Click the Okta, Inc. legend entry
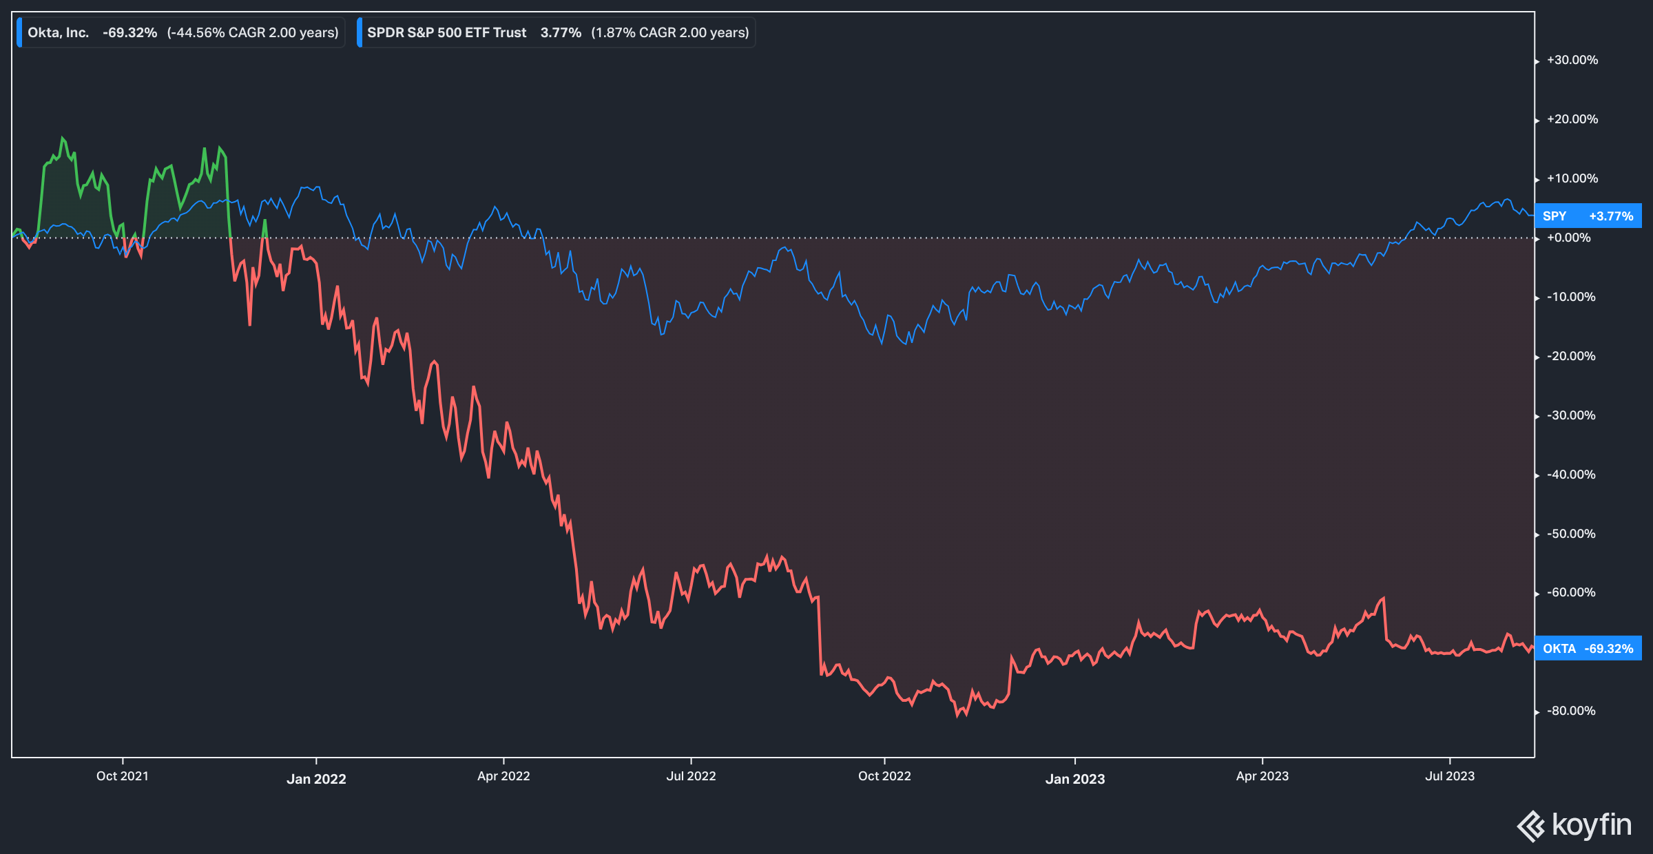pos(59,32)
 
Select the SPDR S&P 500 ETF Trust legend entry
pos(446,32)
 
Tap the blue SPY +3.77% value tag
pos(1588,216)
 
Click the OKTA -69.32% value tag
pos(1588,649)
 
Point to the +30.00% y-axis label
pos(1572,60)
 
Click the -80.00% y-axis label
pos(1571,711)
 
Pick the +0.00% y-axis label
pos(1569,238)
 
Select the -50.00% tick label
pos(1571,534)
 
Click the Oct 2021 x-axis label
pos(123,776)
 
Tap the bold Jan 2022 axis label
pos(316,779)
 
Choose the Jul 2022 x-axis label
pos(691,776)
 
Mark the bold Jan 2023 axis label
pos(1074,779)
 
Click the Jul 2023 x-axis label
pos(1450,776)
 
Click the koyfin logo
pos(1574,825)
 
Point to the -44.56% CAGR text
pos(253,32)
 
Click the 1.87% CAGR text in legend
pos(669,32)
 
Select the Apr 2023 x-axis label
pos(1262,776)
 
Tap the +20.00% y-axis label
pos(1572,119)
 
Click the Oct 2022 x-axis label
pos(884,776)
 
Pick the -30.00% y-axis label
pos(1571,415)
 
